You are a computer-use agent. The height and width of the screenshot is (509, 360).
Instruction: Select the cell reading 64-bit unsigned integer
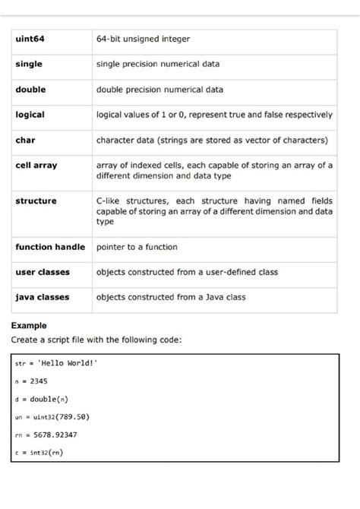coord(143,39)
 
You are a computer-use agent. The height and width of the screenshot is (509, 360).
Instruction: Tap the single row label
coord(29,64)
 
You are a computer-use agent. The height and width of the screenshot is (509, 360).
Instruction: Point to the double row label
coord(30,89)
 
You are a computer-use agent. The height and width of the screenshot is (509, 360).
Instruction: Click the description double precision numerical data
coord(159,89)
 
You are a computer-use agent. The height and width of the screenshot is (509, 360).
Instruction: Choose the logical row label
coord(30,114)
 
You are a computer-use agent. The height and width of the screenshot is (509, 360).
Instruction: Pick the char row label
coord(25,140)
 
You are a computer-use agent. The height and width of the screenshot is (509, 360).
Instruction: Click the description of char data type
coord(212,140)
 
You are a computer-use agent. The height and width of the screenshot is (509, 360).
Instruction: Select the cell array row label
coord(36,165)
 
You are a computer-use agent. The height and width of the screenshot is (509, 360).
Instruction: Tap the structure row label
coord(36,201)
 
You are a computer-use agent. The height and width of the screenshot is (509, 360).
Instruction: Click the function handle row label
coord(50,247)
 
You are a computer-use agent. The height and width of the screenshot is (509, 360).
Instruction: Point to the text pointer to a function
coord(137,247)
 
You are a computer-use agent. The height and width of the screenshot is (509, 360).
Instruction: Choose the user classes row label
coord(43,272)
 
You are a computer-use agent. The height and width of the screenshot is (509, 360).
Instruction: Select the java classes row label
coord(43,297)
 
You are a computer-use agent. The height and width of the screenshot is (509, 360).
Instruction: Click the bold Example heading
coord(29,325)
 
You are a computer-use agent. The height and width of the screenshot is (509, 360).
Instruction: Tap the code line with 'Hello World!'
coord(57,362)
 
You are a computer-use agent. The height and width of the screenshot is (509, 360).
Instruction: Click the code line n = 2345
coord(31,381)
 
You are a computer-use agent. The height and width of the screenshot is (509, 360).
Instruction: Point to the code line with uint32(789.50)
coord(52,417)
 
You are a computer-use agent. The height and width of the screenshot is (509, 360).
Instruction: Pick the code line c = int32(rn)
coord(39,453)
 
